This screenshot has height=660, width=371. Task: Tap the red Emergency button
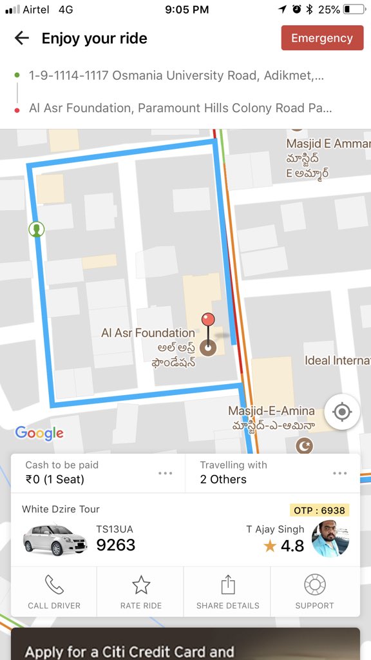pyautogui.click(x=322, y=38)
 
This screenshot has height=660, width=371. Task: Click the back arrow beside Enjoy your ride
pyautogui.click(x=22, y=38)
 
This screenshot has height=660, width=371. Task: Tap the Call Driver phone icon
pyautogui.click(x=54, y=585)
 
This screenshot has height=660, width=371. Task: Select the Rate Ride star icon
pyautogui.click(x=141, y=585)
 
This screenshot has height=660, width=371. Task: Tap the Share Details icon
pyautogui.click(x=227, y=585)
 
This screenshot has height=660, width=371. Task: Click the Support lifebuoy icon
pyautogui.click(x=314, y=585)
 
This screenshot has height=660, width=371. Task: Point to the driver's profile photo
pyautogui.click(x=330, y=539)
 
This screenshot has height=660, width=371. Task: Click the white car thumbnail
pyautogui.click(x=55, y=539)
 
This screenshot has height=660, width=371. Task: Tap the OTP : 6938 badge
pyautogui.click(x=319, y=510)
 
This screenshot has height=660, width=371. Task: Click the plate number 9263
pyautogui.click(x=116, y=545)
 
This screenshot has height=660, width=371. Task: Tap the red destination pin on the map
pyautogui.click(x=208, y=320)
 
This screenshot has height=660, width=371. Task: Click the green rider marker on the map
pyautogui.click(x=37, y=229)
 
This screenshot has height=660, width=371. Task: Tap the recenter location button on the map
pyautogui.click(x=342, y=412)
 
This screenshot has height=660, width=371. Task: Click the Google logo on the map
pyautogui.click(x=39, y=433)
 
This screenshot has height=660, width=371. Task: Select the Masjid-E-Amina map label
pyautogui.click(x=271, y=411)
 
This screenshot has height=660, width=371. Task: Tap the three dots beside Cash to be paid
pyautogui.click(x=166, y=473)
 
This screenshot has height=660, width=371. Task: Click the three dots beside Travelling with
pyautogui.click(x=340, y=473)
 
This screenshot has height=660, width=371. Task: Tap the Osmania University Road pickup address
pyautogui.click(x=176, y=75)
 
